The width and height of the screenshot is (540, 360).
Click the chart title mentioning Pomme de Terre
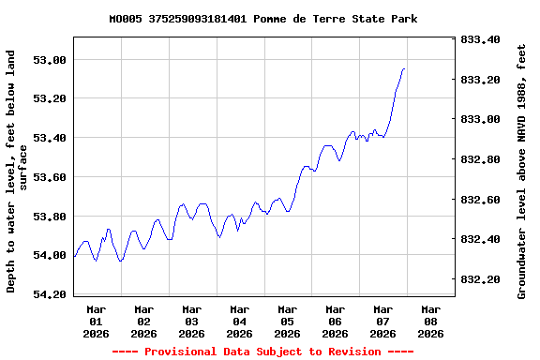pos(263,19)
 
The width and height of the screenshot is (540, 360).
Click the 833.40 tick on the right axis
pos(481,39)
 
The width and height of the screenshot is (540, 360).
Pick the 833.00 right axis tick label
pos(481,119)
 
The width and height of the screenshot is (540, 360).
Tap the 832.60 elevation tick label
pos(481,200)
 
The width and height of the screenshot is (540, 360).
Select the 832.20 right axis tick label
pos(481,279)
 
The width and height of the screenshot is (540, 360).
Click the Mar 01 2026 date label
pos(97,321)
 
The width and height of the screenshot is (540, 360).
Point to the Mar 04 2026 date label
pos(240,321)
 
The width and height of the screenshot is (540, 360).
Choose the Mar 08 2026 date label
pos(430,321)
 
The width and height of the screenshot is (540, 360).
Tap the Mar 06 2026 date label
pos(336,321)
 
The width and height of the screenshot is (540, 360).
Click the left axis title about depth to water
pos(17,171)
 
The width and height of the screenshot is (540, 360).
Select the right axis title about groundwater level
pos(522,171)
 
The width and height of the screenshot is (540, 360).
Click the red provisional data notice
pos(263,352)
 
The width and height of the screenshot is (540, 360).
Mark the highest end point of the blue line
pos(404,68)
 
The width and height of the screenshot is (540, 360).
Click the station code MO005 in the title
pos(126,19)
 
